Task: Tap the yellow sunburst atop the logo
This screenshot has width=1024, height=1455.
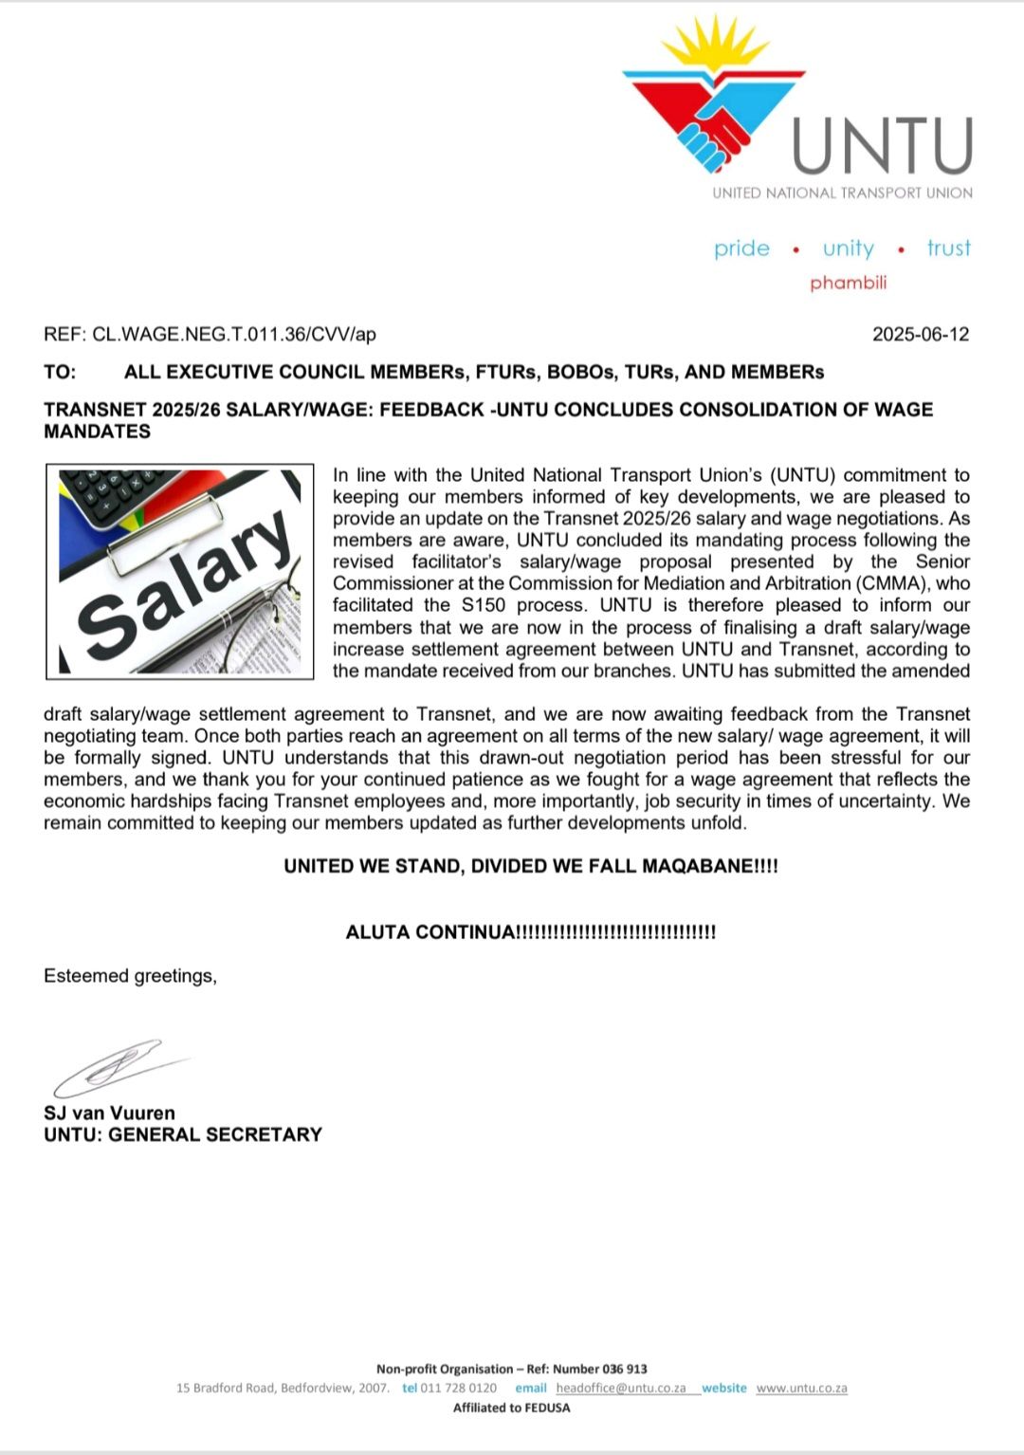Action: (x=716, y=47)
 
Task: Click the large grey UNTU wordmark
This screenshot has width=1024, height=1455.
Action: (x=882, y=146)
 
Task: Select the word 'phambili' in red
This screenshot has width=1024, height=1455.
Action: (x=848, y=283)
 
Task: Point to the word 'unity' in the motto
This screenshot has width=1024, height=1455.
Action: (x=848, y=249)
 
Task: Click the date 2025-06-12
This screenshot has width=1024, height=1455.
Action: (x=920, y=334)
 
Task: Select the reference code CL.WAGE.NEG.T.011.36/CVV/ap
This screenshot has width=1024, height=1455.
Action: (x=233, y=334)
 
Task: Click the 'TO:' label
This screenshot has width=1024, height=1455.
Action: (x=60, y=372)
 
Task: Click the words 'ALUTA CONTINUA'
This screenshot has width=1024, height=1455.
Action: (x=430, y=932)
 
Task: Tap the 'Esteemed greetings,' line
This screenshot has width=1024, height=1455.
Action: (x=130, y=976)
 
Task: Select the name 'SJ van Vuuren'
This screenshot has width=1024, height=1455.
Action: (x=109, y=1113)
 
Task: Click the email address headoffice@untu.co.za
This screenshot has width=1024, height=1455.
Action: (x=620, y=1388)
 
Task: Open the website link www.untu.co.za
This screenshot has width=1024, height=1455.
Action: (x=801, y=1388)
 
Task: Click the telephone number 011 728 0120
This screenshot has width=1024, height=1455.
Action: (x=458, y=1388)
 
